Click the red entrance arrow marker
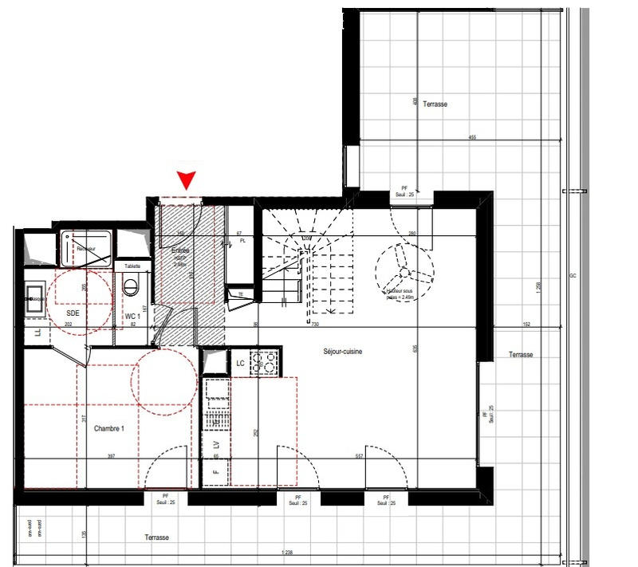187,180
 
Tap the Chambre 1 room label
110,429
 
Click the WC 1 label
132,317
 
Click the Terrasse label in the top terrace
435,104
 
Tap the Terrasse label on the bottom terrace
156,537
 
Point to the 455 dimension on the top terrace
472,139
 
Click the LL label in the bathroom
37,332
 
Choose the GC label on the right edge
572,276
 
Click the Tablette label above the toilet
132,266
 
